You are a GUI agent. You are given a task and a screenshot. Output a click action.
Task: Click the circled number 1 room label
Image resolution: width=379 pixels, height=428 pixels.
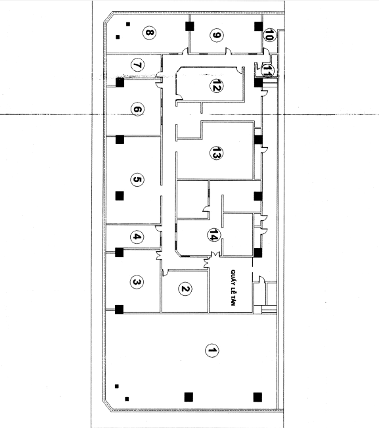(x=212, y=350)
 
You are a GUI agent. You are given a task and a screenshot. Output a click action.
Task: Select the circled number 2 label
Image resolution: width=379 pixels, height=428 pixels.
(x=185, y=289)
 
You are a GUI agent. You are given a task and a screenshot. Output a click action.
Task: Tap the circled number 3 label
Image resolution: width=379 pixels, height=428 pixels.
(x=137, y=282)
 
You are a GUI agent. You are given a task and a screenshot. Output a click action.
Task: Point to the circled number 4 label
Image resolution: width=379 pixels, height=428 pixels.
(x=137, y=237)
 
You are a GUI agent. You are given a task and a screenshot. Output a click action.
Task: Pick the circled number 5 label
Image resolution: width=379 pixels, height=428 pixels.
(x=137, y=179)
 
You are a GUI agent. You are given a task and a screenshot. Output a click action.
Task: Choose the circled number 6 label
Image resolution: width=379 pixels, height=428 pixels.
(x=137, y=109)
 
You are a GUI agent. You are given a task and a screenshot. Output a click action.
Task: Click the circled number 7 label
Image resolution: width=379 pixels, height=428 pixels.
(x=138, y=65)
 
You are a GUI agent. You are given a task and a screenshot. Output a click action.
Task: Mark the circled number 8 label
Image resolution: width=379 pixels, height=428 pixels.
(x=149, y=33)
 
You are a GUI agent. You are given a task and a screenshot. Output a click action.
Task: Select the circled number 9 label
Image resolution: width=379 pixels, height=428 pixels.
(x=217, y=36)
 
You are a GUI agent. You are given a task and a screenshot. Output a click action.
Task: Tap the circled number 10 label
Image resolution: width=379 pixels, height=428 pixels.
(x=269, y=35)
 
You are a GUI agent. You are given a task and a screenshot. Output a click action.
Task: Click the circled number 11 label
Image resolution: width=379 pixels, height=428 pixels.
(x=267, y=71)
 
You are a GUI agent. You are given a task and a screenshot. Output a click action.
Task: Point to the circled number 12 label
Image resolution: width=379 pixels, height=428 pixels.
(x=216, y=85)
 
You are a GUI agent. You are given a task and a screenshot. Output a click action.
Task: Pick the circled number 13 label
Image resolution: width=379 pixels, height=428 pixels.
(x=216, y=153)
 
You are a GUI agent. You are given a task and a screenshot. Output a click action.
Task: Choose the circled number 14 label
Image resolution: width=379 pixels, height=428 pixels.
(x=214, y=235)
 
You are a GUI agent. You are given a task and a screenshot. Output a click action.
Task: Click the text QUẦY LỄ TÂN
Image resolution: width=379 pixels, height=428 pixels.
(x=233, y=288)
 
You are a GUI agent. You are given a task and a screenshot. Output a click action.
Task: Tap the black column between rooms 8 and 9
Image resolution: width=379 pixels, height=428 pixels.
(x=190, y=26)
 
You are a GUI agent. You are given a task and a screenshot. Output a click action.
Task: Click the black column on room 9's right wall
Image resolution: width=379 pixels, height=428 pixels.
(x=259, y=26)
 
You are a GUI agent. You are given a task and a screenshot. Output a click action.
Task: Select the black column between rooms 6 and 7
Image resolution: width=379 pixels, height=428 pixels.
(x=120, y=82)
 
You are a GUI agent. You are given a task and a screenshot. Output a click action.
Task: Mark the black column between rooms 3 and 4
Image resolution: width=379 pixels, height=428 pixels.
(x=119, y=252)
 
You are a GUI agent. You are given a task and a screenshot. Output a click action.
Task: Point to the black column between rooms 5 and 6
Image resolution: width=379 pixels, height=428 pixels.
(x=120, y=139)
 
